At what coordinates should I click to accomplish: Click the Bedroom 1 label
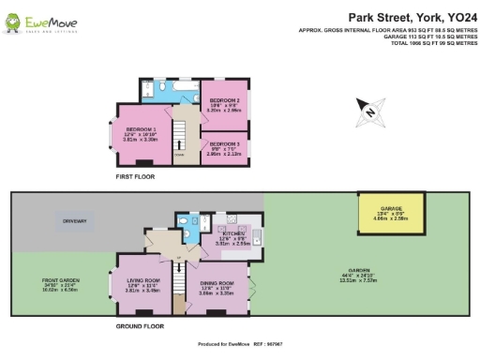(x=141, y=132)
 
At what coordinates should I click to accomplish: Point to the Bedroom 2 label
(x=225, y=100)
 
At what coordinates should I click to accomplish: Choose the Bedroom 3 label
(x=225, y=143)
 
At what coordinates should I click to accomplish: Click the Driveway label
(x=76, y=221)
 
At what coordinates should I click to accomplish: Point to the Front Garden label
(x=61, y=281)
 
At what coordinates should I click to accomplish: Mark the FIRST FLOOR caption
(x=134, y=176)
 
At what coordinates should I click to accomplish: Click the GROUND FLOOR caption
(x=141, y=326)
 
